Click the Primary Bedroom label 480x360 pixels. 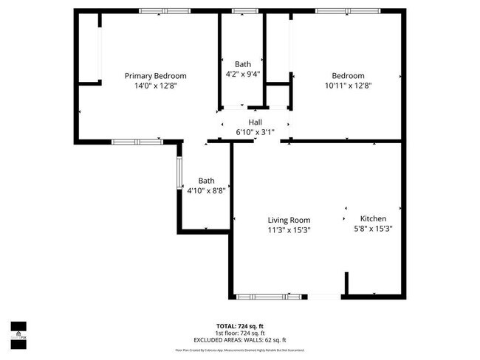pos(155,76)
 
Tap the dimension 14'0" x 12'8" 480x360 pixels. pos(155,86)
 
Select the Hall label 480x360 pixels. pos(255,122)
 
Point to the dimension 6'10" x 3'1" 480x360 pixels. pos(255,132)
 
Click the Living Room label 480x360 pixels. pos(289,220)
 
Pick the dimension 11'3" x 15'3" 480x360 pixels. pos(289,229)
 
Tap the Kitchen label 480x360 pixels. pos(373,219)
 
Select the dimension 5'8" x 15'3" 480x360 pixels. pos(373,229)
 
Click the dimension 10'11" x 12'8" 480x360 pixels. pos(348,86)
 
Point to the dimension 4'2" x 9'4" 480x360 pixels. pos(242,74)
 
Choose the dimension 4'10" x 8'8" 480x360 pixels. pos(206,190)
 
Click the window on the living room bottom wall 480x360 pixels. pos(258,297)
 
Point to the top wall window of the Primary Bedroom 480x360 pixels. pos(163,10)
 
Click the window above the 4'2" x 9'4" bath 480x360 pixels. pos(241,10)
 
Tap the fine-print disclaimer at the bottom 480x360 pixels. pos(239,350)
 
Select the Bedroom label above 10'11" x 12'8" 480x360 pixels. pos(348,76)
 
